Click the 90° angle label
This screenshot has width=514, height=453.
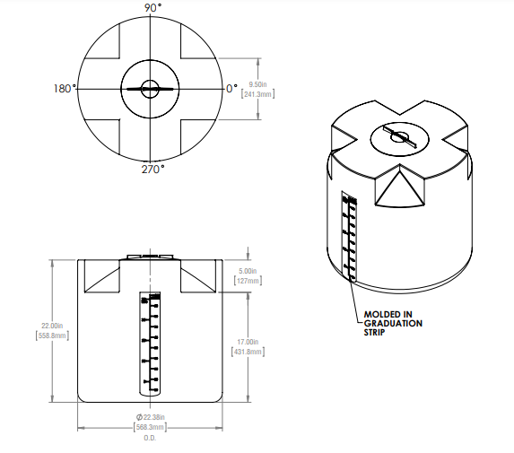coord(152,7)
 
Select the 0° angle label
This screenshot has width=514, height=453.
coord(231,89)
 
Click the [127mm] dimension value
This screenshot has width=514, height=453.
coord(248,281)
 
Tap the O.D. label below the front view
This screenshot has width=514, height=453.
coord(149,439)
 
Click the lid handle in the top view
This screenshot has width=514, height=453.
coord(150,89)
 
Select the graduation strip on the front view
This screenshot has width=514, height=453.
coord(150,344)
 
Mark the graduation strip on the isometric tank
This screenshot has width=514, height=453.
coord(348,236)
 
